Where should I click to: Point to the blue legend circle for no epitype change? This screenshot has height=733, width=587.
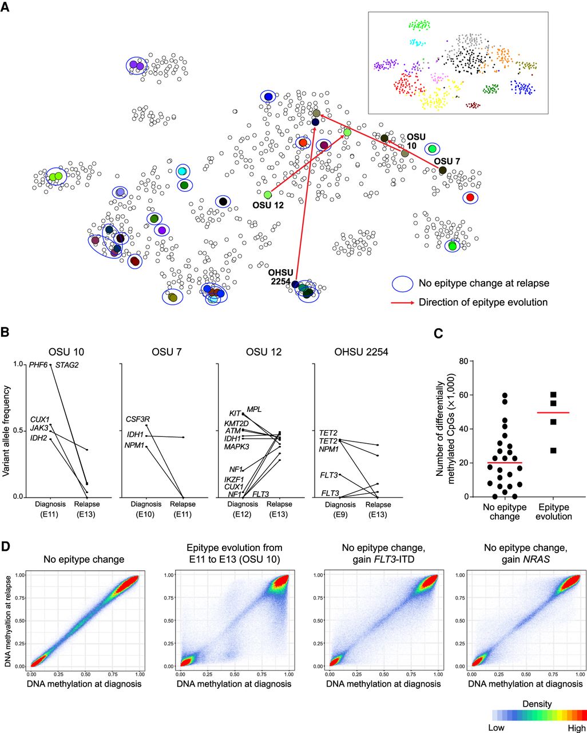403,283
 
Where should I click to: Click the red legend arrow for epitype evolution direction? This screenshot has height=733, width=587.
402,302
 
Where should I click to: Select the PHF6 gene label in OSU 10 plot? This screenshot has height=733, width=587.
38,365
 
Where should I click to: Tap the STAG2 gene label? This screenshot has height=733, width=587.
67,365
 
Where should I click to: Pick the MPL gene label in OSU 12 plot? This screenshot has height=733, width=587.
254,409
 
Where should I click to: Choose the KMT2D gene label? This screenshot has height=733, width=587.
235,424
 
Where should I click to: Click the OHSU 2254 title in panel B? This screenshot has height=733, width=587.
361,352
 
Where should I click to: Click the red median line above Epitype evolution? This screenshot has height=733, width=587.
554,412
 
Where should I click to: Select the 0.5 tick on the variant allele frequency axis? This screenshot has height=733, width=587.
19,431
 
